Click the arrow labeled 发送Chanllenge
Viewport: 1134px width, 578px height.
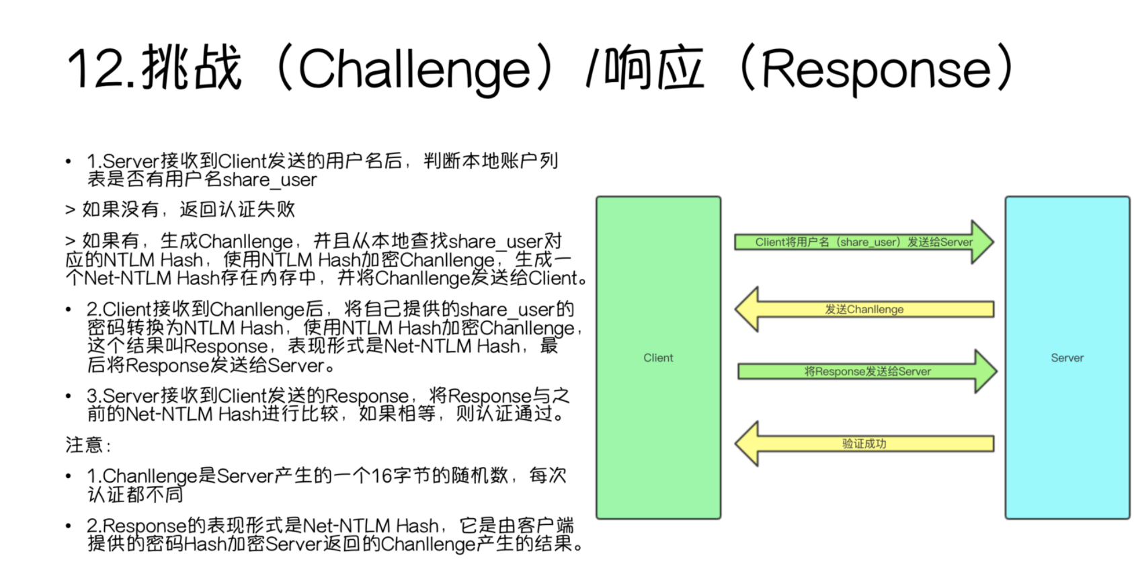tap(864, 309)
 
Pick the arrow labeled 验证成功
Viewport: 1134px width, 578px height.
tap(864, 444)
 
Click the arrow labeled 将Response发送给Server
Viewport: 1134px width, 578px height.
tap(867, 371)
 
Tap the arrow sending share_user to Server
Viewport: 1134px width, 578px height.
tap(864, 242)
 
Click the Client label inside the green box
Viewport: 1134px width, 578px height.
tap(658, 358)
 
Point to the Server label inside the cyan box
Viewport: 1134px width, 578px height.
tap(1067, 358)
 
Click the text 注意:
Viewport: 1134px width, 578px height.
tap(87, 445)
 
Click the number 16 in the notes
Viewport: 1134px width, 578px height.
tap(381, 476)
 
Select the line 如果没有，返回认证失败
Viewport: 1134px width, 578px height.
tap(180, 210)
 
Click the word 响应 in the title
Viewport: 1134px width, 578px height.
tap(653, 69)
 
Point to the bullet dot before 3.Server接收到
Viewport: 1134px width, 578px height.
tap(69, 396)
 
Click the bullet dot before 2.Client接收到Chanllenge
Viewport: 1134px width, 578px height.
tap(69, 310)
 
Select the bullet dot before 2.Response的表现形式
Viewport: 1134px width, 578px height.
tap(69, 526)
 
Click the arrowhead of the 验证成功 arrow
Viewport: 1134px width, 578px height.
tap(747, 444)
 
